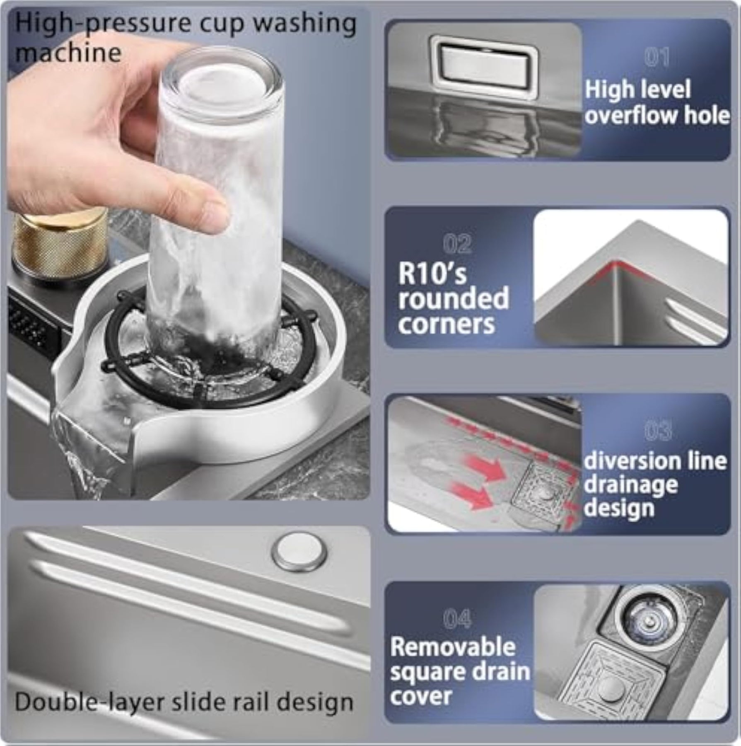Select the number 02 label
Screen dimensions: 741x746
[457, 244]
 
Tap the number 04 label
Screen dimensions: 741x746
[457, 620]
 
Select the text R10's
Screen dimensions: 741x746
[432, 274]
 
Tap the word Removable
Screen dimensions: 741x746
[453, 647]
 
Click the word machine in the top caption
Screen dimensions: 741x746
[68, 53]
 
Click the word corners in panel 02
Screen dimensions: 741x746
[447, 324]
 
